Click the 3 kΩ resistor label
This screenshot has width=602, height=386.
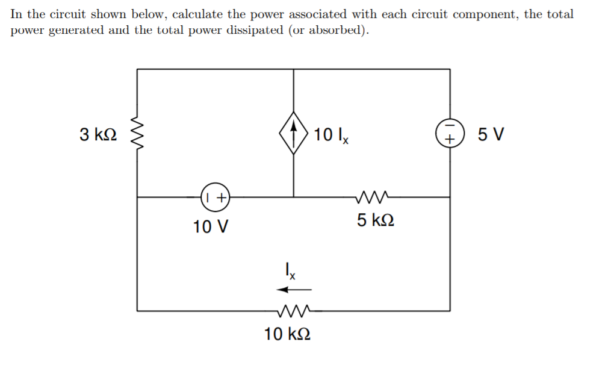(x=98, y=134)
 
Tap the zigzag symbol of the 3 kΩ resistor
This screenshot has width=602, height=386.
(x=137, y=134)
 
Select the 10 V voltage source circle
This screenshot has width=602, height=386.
(x=215, y=197)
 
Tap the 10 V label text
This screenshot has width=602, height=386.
(x=211, y=227)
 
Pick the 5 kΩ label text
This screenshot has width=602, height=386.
(x=376, y=220)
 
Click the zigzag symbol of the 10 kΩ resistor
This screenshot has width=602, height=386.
(x=294, y=311)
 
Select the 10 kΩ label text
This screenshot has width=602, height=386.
(x=288, y=334)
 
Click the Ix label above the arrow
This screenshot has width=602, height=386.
(x=290, y=271)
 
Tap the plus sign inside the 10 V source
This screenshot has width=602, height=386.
(x=221, y=197)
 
